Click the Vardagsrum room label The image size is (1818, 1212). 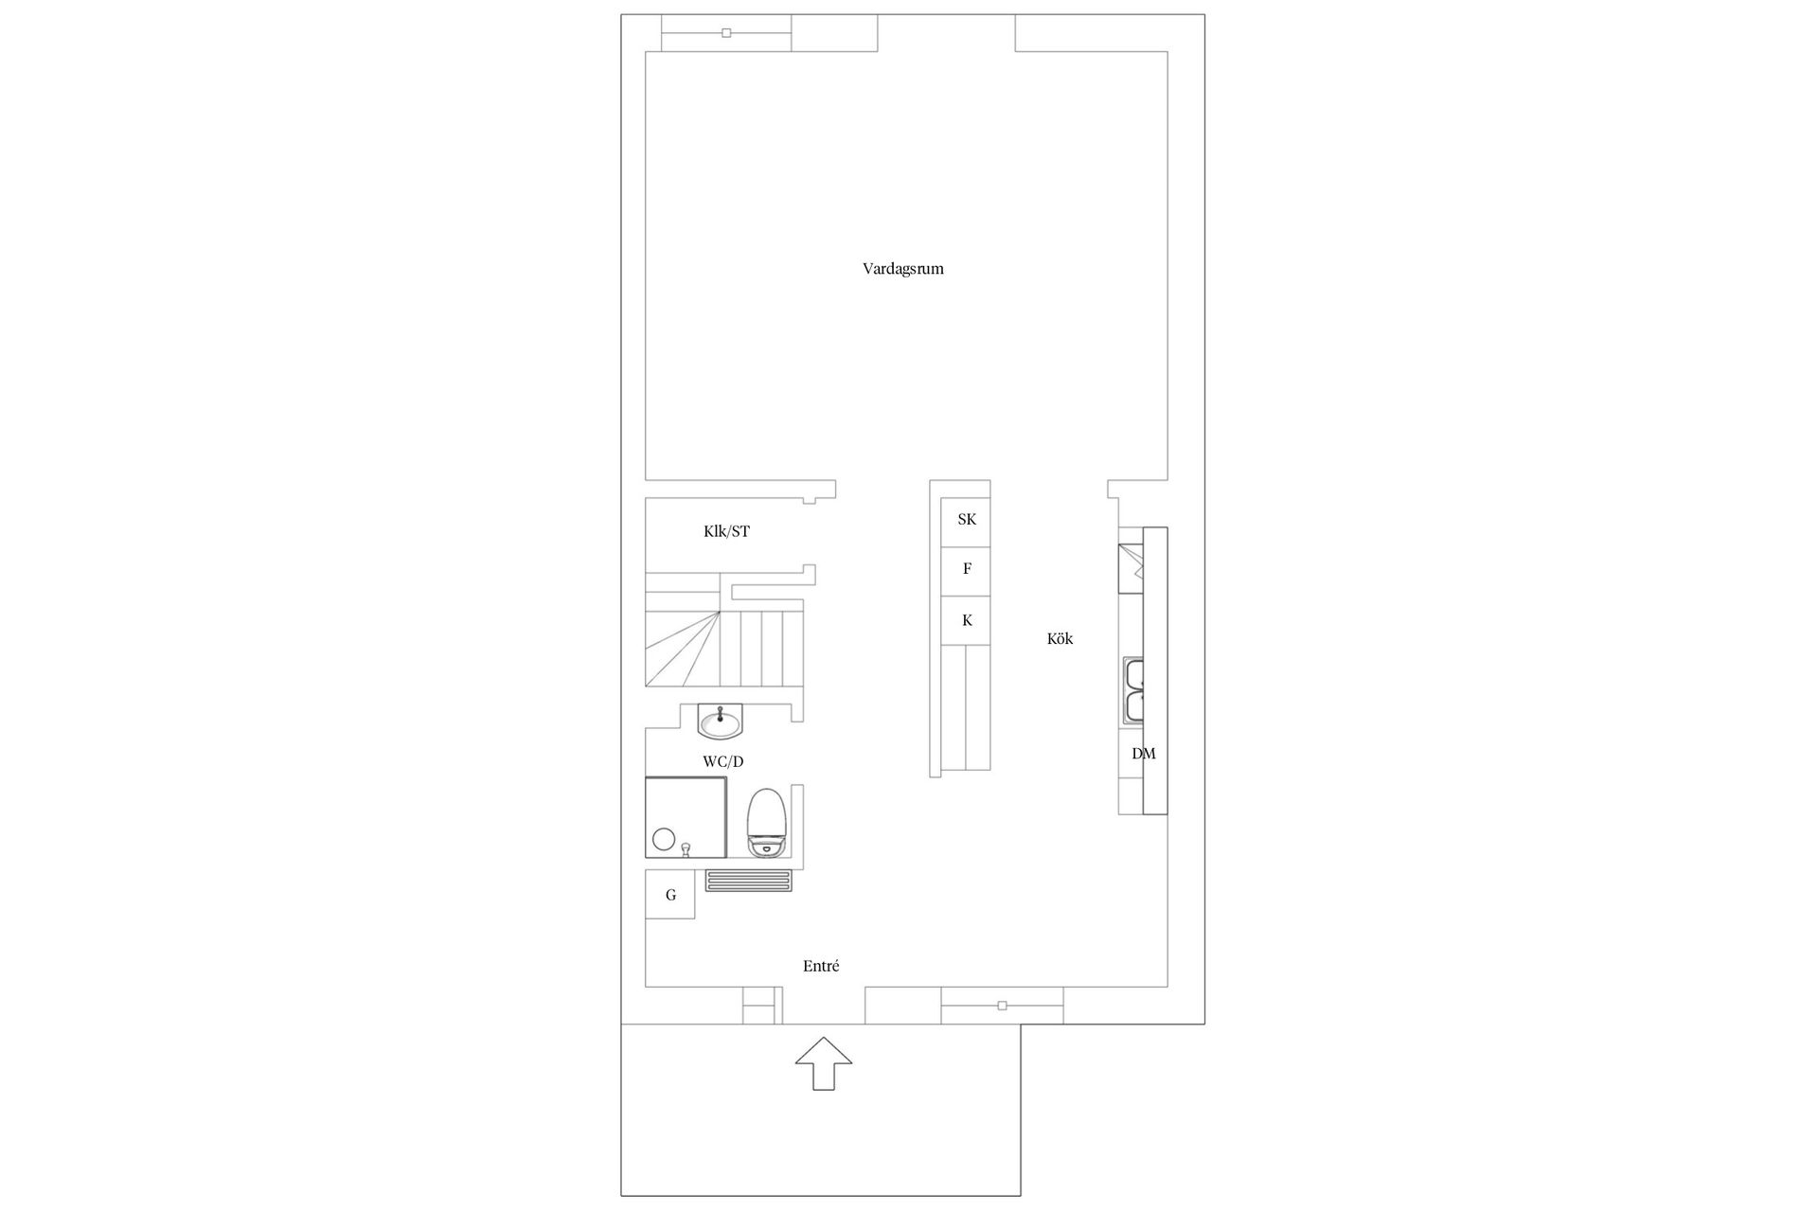(x=902, y=269)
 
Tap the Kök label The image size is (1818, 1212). (x=1060, y=638)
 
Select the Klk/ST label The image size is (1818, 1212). (x=726, y=531)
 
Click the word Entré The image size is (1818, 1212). (x=821, y=966)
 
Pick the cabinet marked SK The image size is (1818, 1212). (x=966, y=520)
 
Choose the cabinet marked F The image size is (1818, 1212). (x=966, y=570)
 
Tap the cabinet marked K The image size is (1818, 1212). (x=966, y=620)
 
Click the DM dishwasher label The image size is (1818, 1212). (x=1144, y=754)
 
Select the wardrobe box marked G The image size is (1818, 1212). (x=670, y=895)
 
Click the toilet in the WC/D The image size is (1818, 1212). (x=767, y=822)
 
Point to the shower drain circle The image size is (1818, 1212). (x=663, y=839)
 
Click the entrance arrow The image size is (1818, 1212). (x=823, y=1062)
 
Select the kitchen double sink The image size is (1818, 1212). (x=1132, y=689)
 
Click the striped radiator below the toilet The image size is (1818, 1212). (x=750, y=882)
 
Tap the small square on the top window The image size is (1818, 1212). (x=726, y=33)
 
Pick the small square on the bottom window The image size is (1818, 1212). (x=1002, y=1006)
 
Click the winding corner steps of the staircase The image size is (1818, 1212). (x=682, y=649)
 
